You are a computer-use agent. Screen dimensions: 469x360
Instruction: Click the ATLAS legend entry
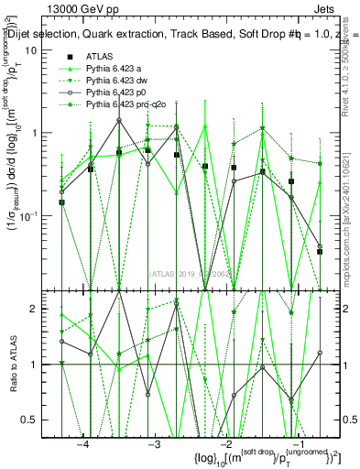point(100,58)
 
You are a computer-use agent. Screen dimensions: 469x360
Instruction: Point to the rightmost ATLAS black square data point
point(320,251)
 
